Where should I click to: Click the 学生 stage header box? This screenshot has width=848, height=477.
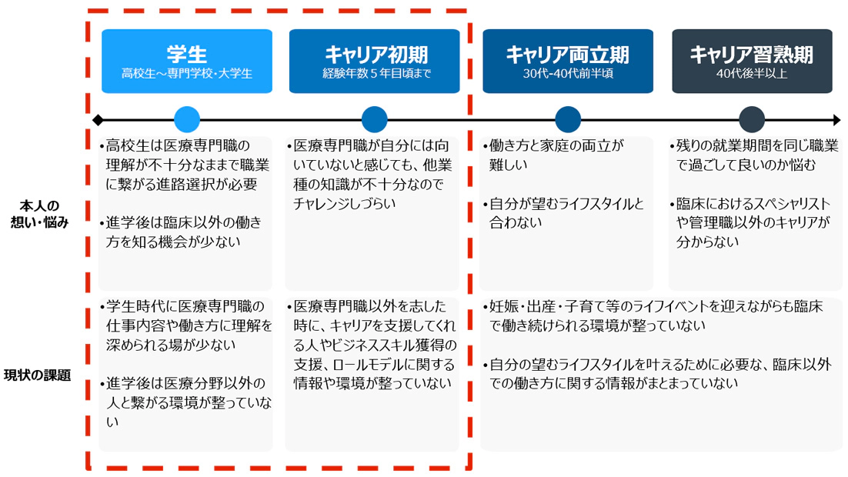pos(186,62)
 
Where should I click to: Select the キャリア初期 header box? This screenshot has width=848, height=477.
pos(375,62)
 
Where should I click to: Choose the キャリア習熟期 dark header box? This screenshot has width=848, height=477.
pos(751,62)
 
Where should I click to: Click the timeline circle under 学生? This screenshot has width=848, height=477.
pos(187,120)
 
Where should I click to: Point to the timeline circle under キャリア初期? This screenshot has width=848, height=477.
pos(375,120)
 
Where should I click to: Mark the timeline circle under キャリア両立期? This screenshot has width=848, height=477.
pos(567,120)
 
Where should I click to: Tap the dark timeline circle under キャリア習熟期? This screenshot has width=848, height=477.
pos(751,120)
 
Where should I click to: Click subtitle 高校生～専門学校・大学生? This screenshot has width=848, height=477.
pos(187,75)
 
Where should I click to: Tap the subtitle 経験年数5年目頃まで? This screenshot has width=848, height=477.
pos(375,75)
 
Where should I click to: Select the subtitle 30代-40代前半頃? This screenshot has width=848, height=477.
pos(567,75)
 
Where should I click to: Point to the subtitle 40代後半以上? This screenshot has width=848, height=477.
pos(751,75)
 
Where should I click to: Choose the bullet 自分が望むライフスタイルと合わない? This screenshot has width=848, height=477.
pos(565,213)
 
